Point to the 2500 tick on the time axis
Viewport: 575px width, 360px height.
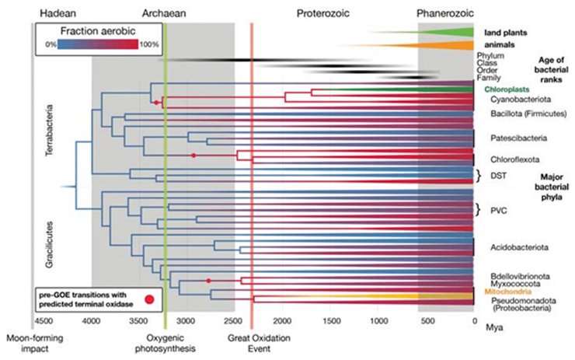point(235,320)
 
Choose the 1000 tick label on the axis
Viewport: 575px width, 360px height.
point(378,320)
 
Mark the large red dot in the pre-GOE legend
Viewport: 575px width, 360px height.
point(148,298)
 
